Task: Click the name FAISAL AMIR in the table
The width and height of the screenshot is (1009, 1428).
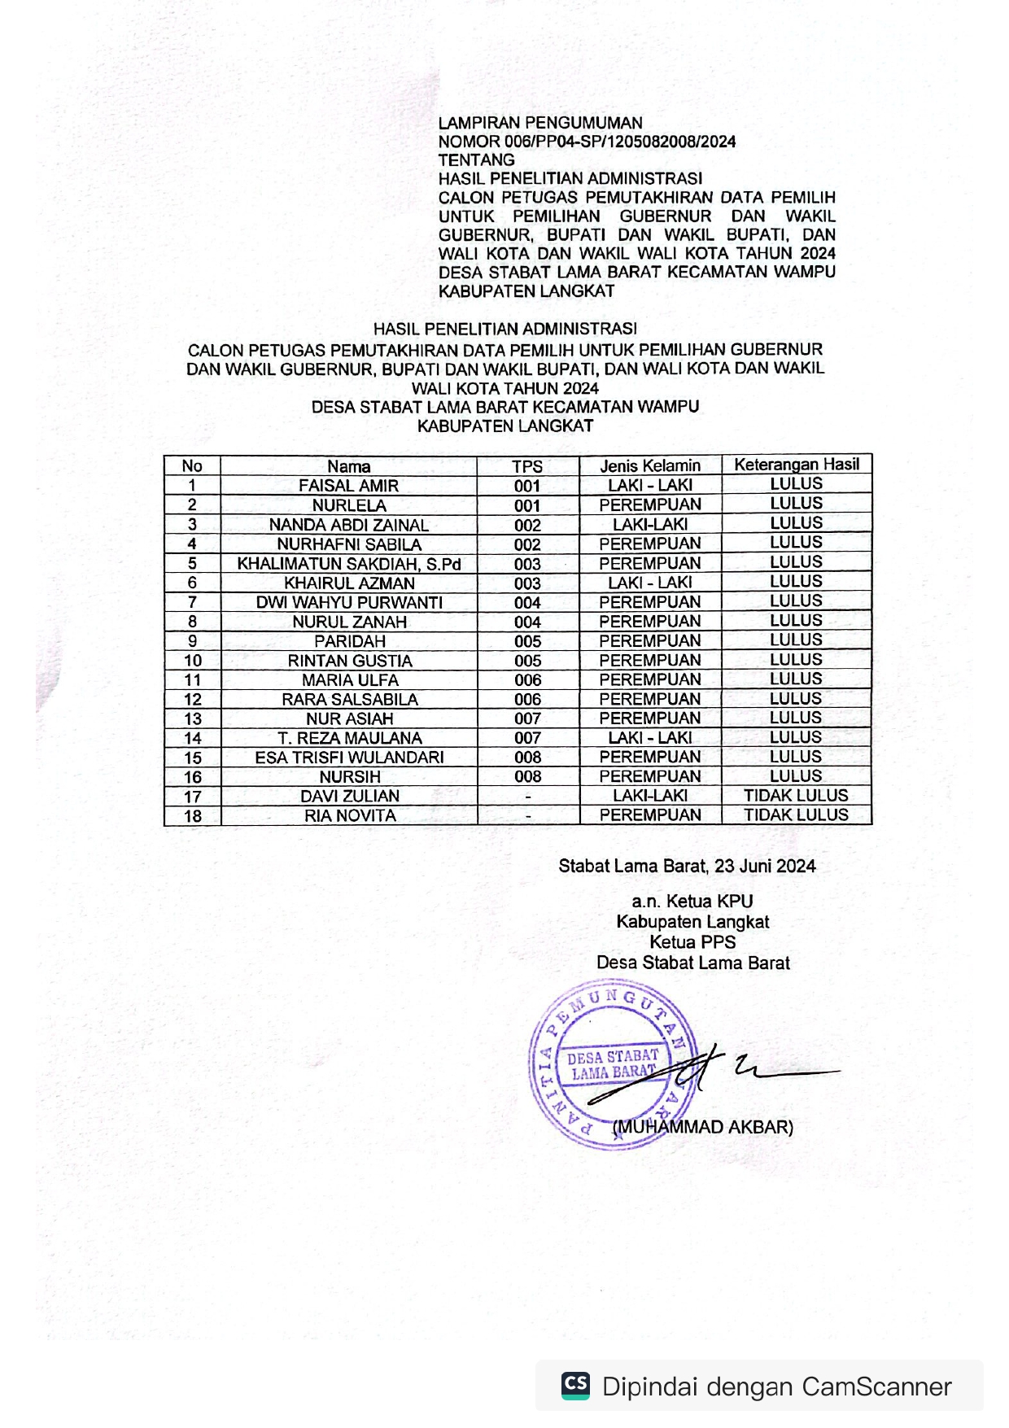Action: click(x=348, y=486)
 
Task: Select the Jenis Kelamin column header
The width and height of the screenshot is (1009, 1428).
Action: click(x=650, y=465)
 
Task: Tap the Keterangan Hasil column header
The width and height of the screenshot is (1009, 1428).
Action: click(x=796, y=464)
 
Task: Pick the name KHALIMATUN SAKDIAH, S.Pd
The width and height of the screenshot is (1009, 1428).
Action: click(x=348, y=564)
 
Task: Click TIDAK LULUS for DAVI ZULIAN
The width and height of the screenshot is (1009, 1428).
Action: click(x=796, y=796)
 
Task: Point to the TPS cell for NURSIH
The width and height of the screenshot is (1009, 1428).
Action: click(x=527, y=777)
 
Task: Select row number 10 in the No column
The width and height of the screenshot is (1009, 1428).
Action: click(x=192, y=661)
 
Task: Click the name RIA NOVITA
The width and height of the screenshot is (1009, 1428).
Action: click(x=350, y=816)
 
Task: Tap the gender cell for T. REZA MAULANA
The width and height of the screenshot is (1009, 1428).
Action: click(x=650, y=738)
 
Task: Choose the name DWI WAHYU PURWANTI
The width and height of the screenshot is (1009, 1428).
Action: click(x=349, y=603)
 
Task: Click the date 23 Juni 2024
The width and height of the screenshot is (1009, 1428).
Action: click(x=765, y=867)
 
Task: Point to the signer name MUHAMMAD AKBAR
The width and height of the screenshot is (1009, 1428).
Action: click(x=703, y=1128)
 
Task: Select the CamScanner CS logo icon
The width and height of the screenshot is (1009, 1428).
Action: click(x=576, y=1385)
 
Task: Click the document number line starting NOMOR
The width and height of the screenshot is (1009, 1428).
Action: click(x=587, y=142)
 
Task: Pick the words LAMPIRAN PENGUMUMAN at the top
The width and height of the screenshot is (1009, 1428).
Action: click(x=540, y=123)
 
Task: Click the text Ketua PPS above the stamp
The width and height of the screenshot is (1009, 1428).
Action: click(x=692, y=942)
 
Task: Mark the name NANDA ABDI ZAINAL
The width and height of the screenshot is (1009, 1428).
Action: click(x=348, y=525)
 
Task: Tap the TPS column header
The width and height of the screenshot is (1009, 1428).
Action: click(x=527, y=466)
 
